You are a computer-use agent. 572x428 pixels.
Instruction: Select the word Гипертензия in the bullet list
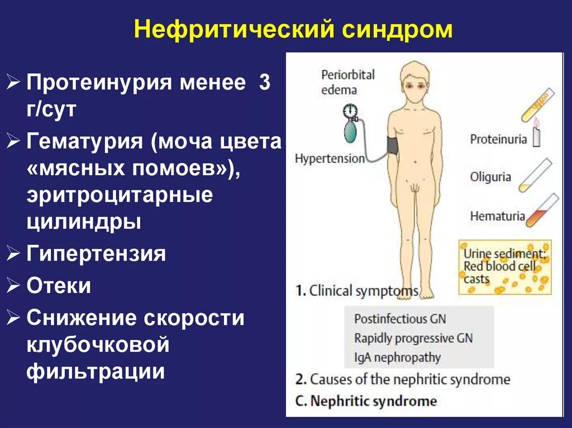click(96, 254)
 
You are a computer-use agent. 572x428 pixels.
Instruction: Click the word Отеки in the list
click(59, 286)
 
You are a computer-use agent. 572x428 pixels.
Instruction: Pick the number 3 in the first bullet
click(264, 84)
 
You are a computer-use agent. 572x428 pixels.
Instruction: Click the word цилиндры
click(84, 223)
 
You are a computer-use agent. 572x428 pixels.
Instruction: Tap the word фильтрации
click(96, 371)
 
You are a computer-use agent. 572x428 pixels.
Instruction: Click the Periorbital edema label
click(347, 81)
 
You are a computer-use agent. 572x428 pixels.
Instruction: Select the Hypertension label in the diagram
click(330, 158)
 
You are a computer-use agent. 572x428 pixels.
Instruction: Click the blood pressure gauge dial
click(350, 110)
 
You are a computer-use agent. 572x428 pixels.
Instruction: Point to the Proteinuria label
click(498, 139)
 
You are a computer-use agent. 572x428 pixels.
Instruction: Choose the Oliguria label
click(490, 177)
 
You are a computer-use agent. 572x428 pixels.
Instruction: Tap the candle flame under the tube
click(537, 122)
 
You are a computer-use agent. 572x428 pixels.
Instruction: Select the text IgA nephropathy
click(397, 357)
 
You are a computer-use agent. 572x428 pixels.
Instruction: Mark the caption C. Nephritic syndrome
click(366, 401)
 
